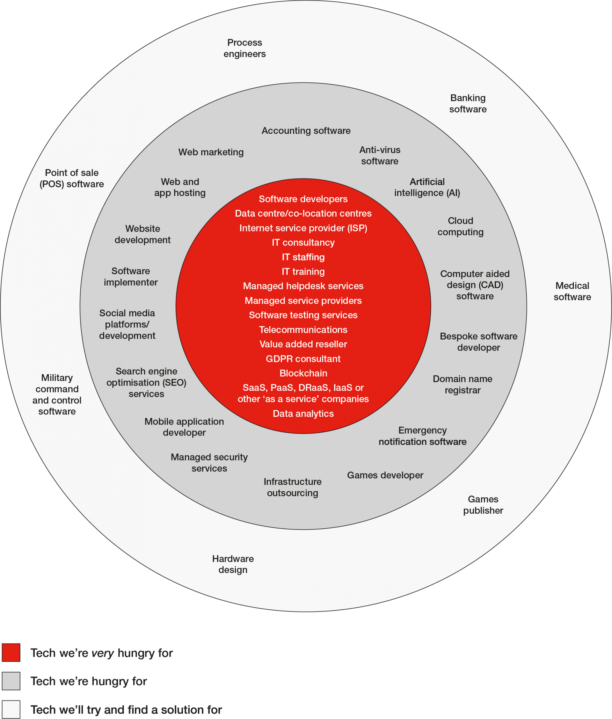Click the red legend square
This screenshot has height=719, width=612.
point(11,653)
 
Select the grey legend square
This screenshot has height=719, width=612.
point(11,681)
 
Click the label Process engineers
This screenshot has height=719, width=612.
point(244,48)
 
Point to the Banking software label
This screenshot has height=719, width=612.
point(468,103)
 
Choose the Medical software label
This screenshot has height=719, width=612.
point(572,291)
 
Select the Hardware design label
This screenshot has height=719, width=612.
point(233,564)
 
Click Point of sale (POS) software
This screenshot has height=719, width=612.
point(72,178)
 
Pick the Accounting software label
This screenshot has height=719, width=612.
point(306,131)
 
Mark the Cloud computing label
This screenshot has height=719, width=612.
point(460,226)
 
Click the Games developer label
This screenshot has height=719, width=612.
point(385,475)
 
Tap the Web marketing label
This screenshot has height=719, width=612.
point(211,152)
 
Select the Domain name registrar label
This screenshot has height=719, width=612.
point(463,385)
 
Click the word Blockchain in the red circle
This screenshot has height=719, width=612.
point(303,373)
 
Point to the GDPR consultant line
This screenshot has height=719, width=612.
point(303,358)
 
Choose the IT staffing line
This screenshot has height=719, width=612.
point(303,257)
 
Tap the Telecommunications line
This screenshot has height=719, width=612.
point(303,330)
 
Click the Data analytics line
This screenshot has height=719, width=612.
point(303,413)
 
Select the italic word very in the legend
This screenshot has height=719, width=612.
point(103,653)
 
